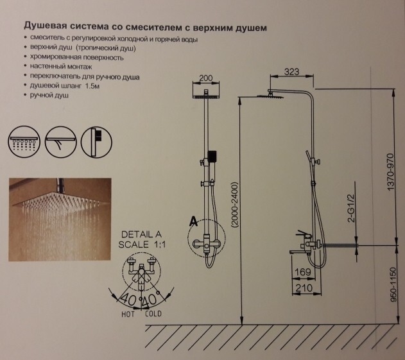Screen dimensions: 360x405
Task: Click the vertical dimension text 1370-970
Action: pos(387,168)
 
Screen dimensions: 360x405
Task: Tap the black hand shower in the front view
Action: pos(212,156)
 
